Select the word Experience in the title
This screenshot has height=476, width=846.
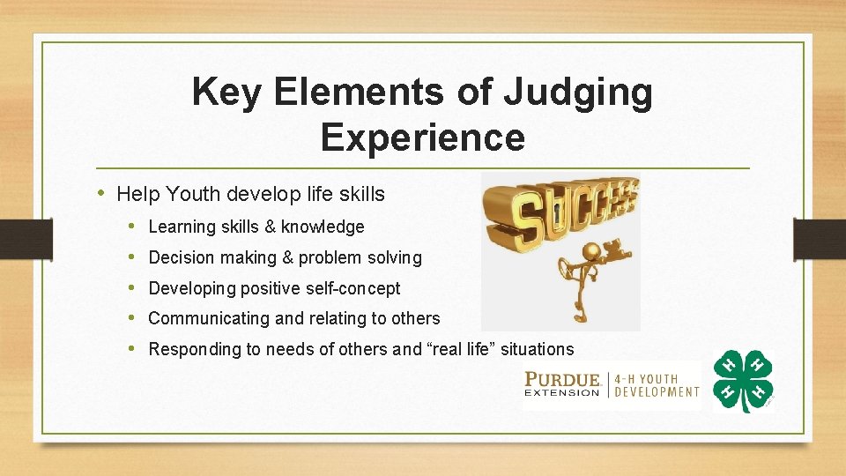point(422,138)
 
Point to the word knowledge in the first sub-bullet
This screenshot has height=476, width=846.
point(325,227)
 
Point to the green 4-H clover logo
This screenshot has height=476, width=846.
point(742,380)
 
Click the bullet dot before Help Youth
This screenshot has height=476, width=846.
point(103,192)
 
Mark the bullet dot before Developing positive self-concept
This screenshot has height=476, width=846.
point(131,288)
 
